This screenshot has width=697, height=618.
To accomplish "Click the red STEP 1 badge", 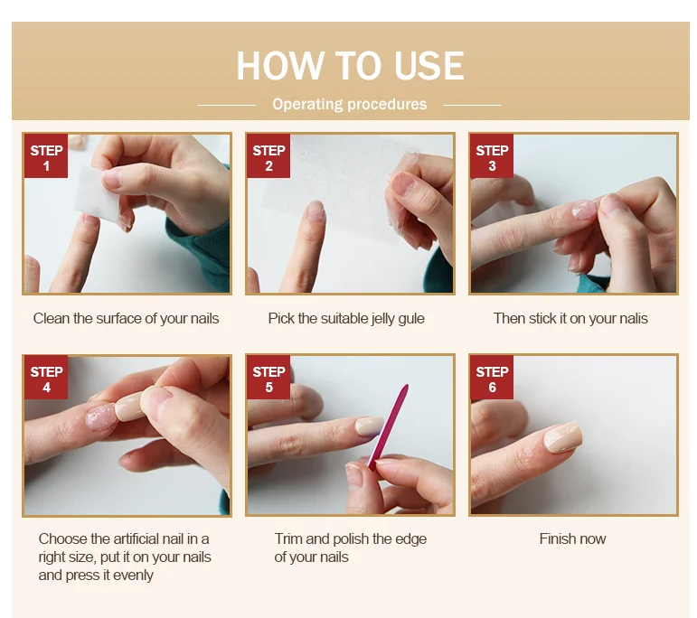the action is pos(46,156).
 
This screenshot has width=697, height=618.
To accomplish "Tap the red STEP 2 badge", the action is pos(268,156).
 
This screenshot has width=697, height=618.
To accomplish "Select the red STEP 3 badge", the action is pos(492,156).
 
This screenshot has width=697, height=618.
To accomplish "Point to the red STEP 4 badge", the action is pos(46,378).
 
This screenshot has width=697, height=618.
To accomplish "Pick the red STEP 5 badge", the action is pos(268,378).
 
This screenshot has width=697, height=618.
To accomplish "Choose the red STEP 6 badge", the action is pos(492,378).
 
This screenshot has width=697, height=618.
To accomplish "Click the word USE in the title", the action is pos(429,66).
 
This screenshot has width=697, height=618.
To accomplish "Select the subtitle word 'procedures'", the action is pos(387,105).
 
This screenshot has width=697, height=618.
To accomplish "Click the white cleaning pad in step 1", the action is pos(97,194).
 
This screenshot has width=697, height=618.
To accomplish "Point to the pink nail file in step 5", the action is pos(388,426).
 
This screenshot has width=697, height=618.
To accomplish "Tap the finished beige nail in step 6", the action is pos(563,437).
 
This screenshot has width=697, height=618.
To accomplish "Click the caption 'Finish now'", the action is pos(572,538).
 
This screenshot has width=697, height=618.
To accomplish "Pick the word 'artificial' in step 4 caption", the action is pos(137,538).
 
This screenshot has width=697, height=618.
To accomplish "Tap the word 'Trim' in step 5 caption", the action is pos(288,538).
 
